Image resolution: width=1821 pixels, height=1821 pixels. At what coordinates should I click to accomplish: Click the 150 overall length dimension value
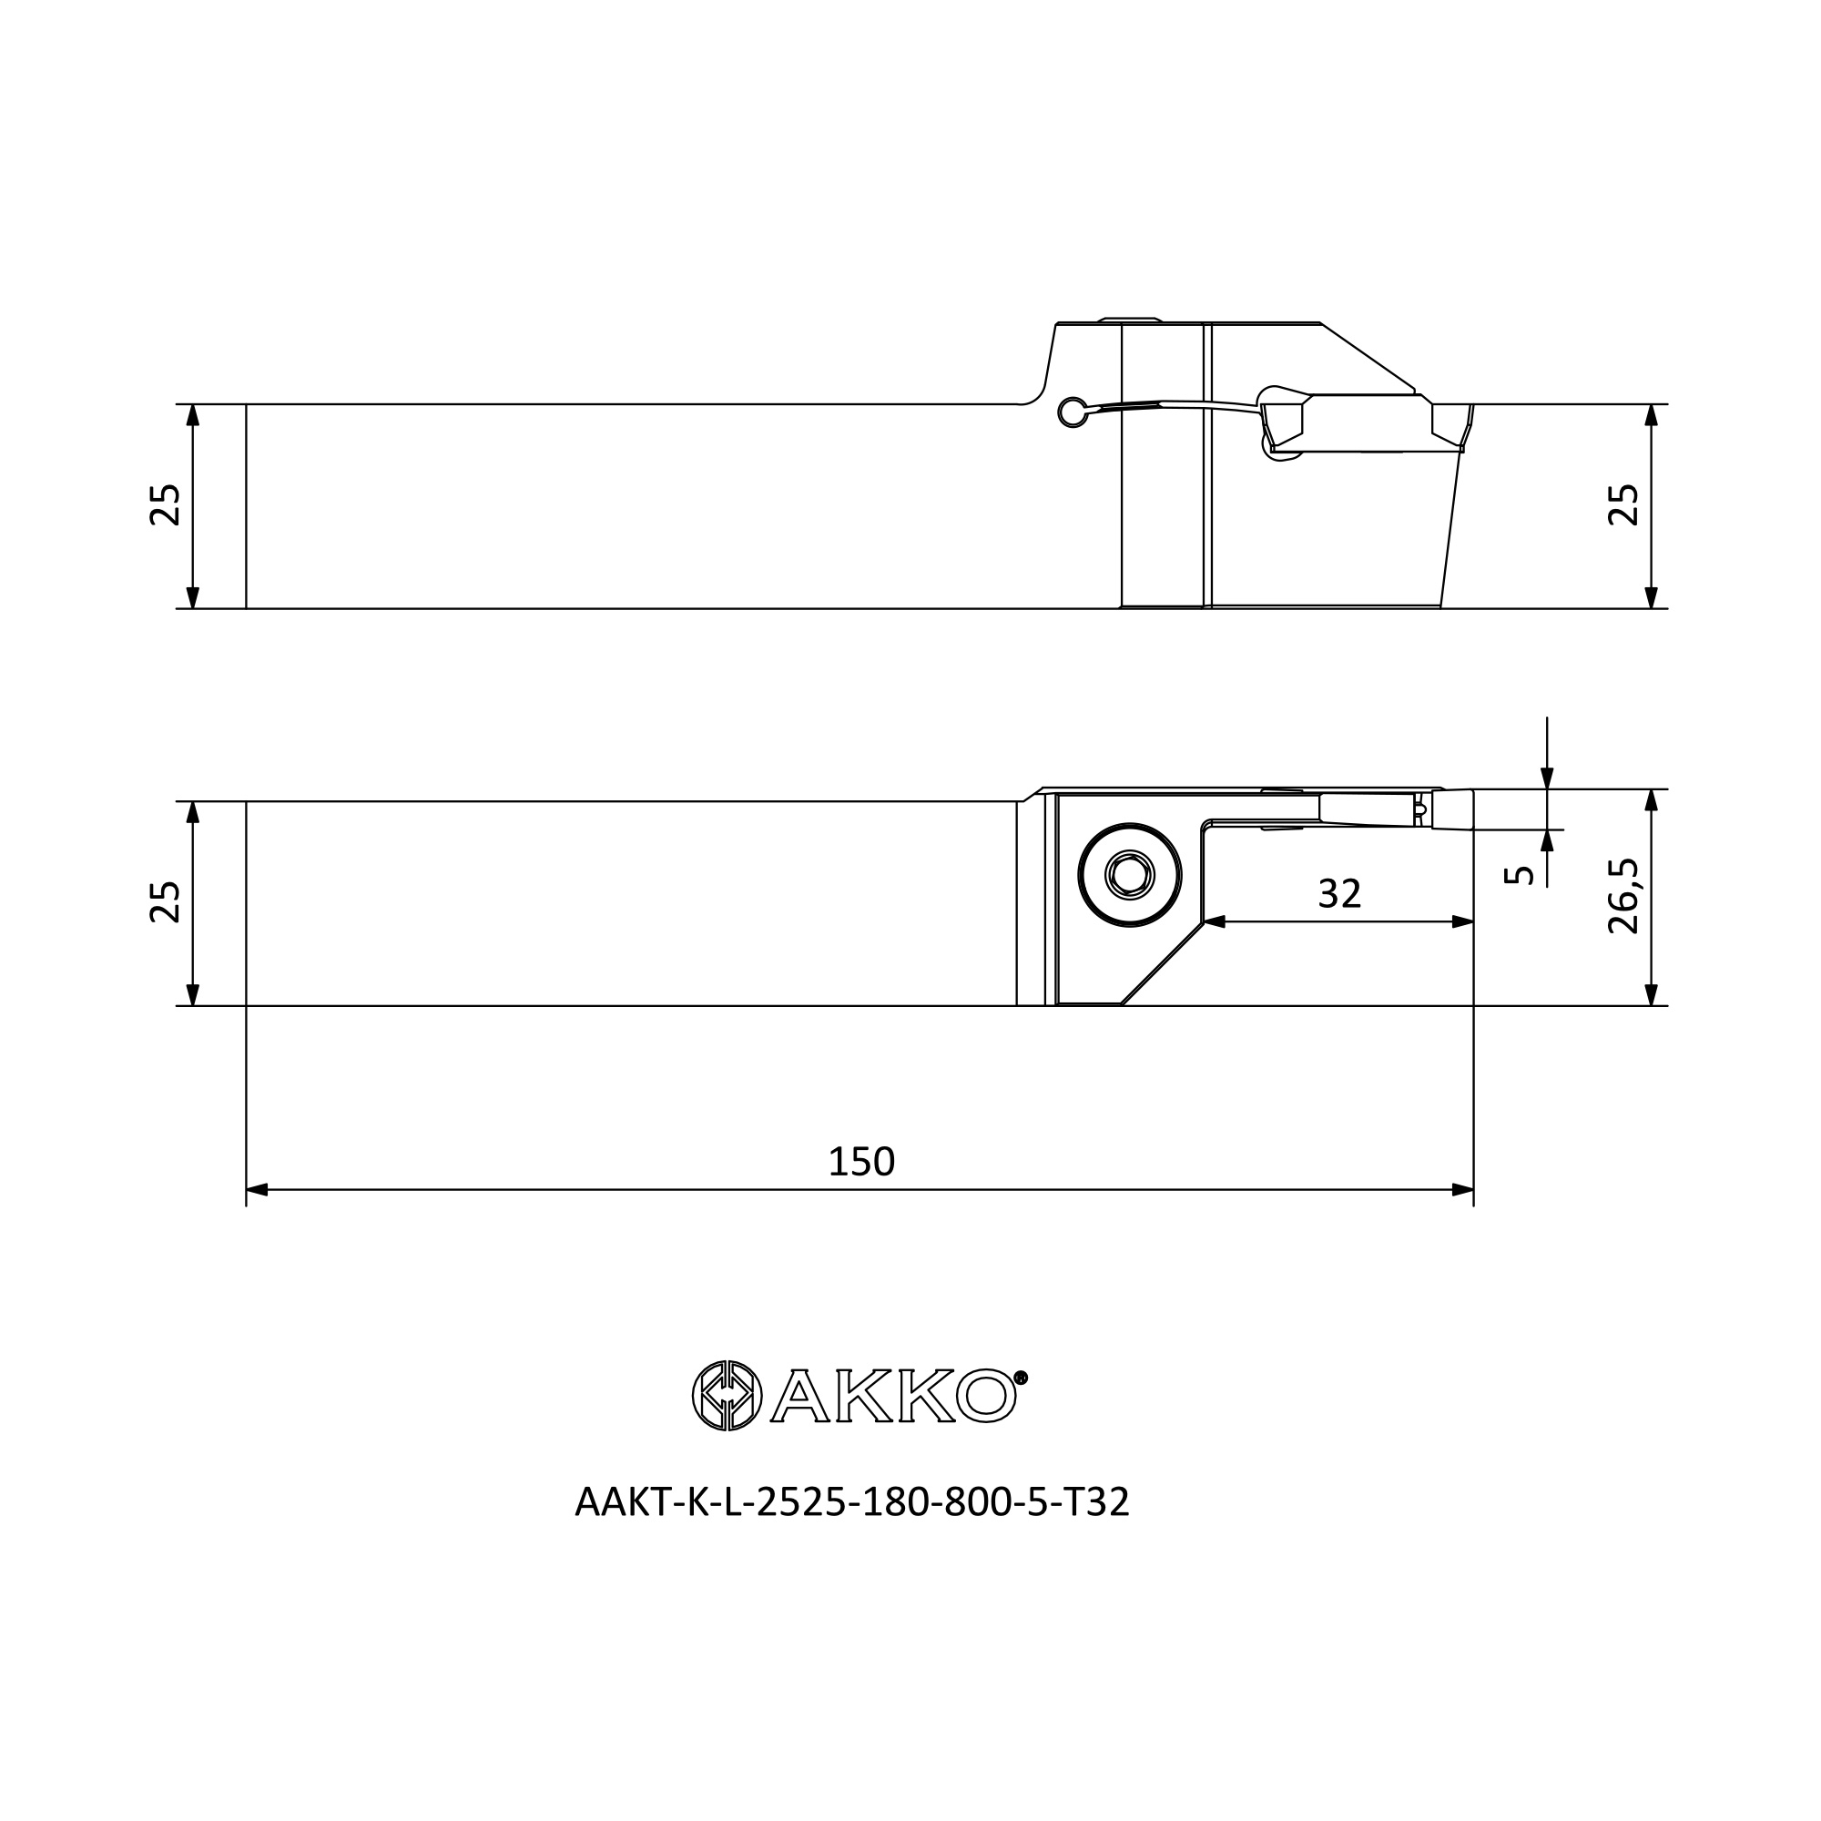point(860,1162)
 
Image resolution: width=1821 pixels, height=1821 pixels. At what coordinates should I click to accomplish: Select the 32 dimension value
point(1339,893)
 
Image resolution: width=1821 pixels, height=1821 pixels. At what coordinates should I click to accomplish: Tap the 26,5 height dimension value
point(1623,895)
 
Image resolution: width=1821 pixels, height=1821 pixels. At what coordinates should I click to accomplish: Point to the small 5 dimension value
point(1519,875)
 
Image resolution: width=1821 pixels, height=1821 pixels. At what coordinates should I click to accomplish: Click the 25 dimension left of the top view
point(165,504)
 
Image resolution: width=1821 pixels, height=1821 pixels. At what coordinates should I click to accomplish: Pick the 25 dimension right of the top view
point(1623,504)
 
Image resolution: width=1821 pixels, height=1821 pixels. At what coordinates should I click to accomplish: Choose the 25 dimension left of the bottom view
point(165,902)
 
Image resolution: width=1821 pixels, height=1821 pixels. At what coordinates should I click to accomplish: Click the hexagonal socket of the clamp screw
point(1129,876)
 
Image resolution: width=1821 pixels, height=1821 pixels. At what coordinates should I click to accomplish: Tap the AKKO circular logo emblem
point(727,1396)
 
